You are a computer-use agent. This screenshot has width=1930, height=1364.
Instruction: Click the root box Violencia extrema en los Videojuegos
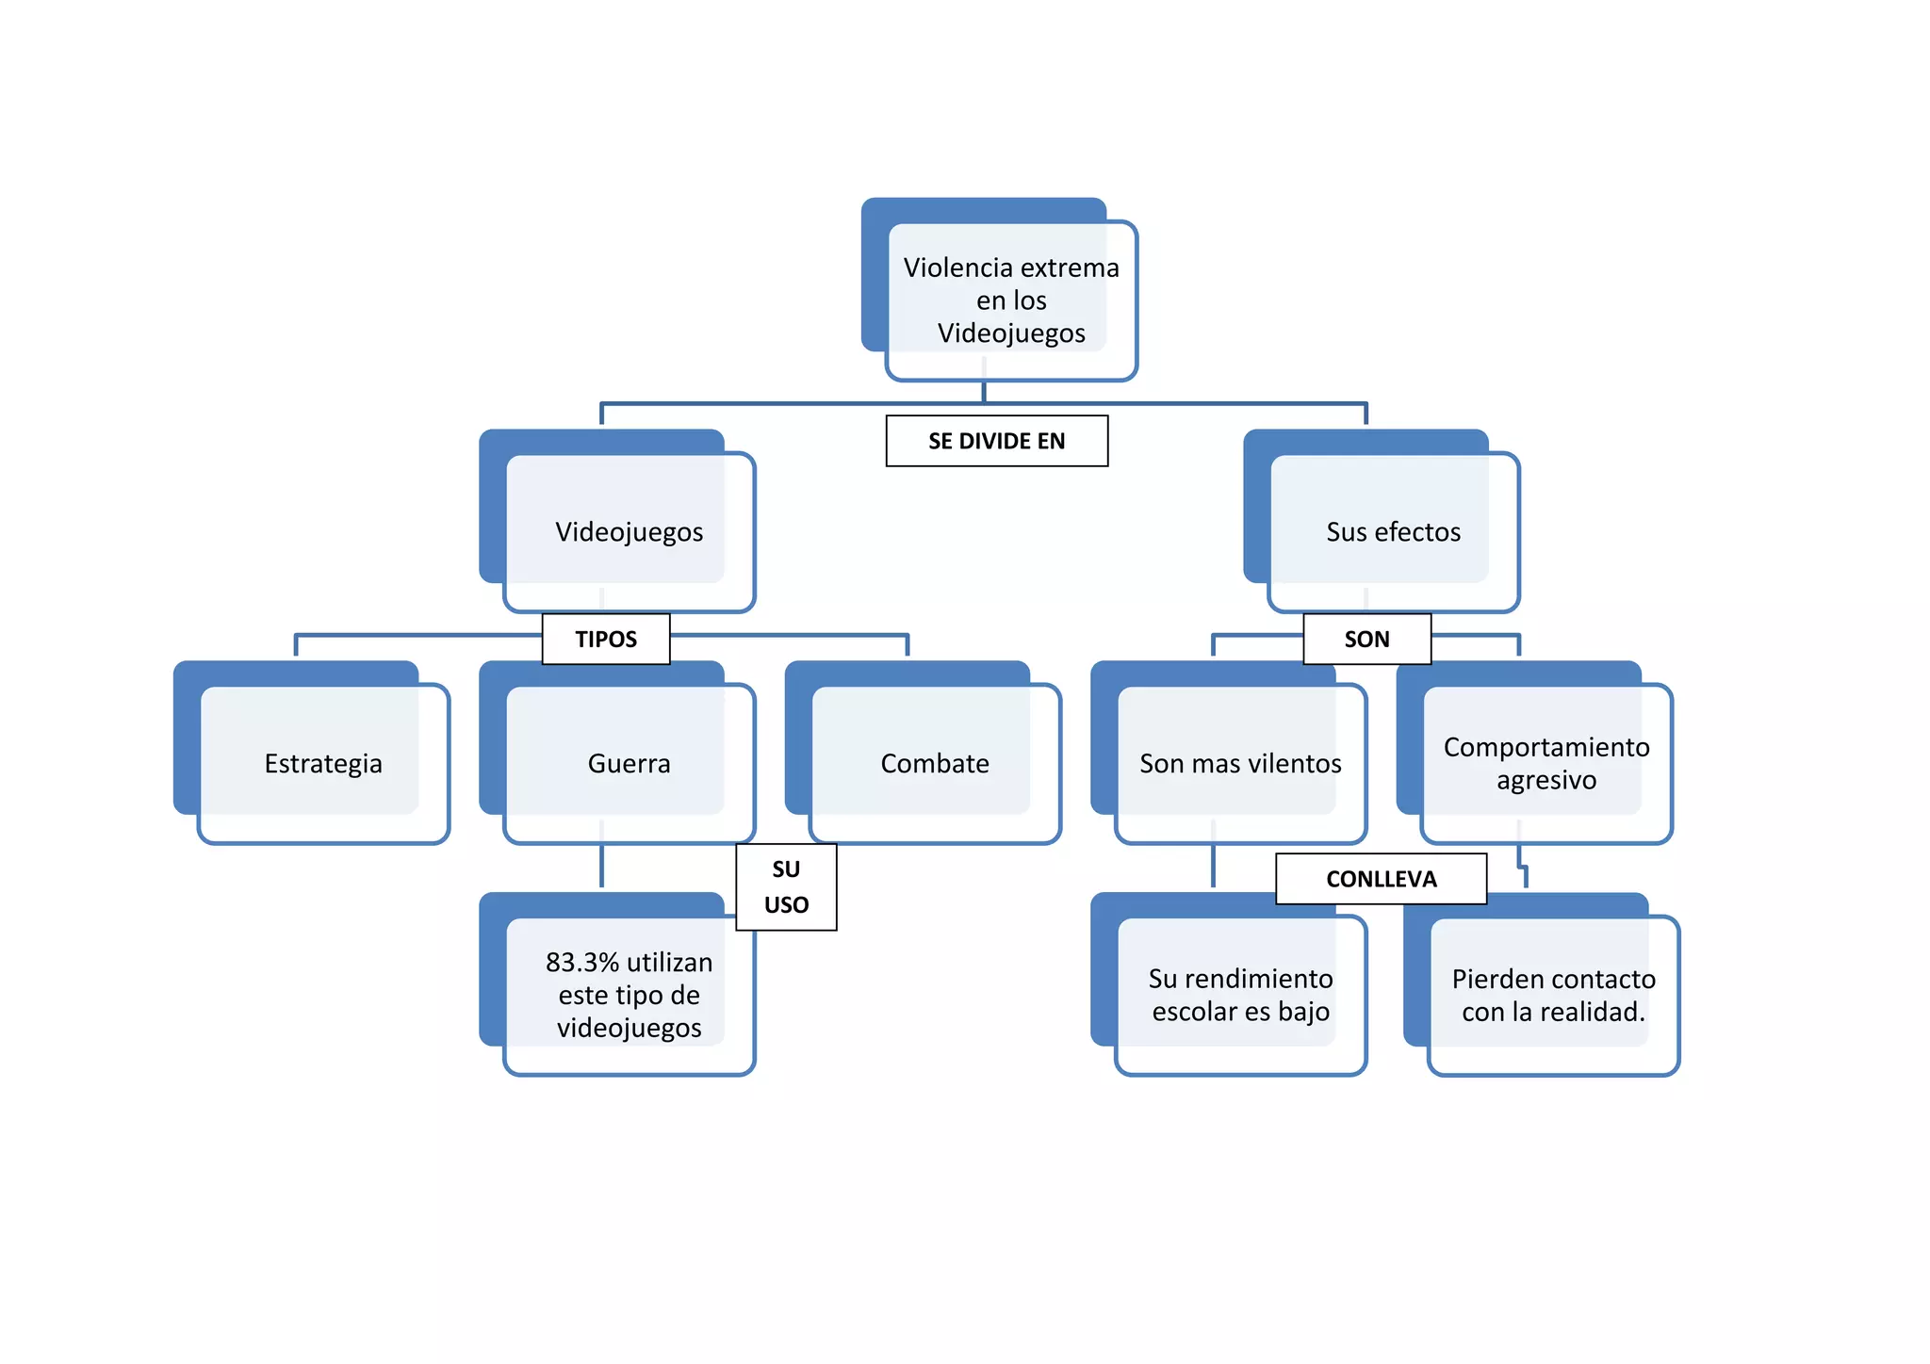[x=1010, y=300]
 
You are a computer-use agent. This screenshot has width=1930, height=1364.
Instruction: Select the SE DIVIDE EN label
[x=996, y=441]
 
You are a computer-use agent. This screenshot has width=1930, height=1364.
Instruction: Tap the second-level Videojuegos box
[x=629, y=531]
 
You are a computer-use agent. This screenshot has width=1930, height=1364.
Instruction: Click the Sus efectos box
[x=1393, y=531]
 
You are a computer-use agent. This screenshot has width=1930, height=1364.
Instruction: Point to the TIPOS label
[x=606, y=639]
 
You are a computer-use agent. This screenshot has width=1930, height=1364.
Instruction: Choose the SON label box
[x=1366, y=639]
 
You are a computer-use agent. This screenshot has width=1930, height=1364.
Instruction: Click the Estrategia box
[x=323, y=763]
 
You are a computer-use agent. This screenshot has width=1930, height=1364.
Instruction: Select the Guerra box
[x=629, y=763]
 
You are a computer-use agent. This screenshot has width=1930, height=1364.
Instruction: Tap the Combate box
[x=935, y=763]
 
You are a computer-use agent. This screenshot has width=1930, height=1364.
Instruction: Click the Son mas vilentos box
[x=1240, y=763]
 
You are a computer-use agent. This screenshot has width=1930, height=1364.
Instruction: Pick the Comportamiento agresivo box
[x=1546, y=763]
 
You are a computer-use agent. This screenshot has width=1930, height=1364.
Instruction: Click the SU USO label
[x=786, y=886]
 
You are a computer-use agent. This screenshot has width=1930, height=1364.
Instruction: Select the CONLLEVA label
[x=1381, y=879]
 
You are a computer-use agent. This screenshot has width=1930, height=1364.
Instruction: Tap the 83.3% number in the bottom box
[x=582, y=962]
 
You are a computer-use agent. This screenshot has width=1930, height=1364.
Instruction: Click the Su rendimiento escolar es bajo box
[x=1240, y=995]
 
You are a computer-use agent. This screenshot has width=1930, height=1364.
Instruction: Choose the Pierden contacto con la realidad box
[x=1553, y=995]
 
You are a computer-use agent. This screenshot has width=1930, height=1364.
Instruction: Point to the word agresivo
[x=1546, y=780]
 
